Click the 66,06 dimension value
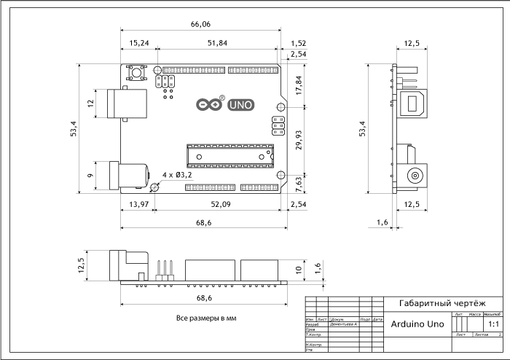pyautogui.click(x=200, y=25)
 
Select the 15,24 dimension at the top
pyautogui.click(x=139, y=44)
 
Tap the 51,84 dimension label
pyautogui.click(x=217, y=44)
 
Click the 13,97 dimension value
pyautogui.click(x=138, y=205)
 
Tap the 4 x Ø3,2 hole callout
pyautogui.click(x=177, y=175)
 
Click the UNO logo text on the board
pyautogui.click(x=241, y=105)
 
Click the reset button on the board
pyautogui.click(x=136, y=73)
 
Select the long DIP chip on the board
pyautogui.click(x=230, y=153)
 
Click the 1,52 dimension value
pyautogui.click(x=297, y=44)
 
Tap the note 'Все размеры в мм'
pyautogui.click(x=206, y=318)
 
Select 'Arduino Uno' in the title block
pyautogui.click(x=417, y=324)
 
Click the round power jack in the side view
pyautogui.click(x=415, y=176)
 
